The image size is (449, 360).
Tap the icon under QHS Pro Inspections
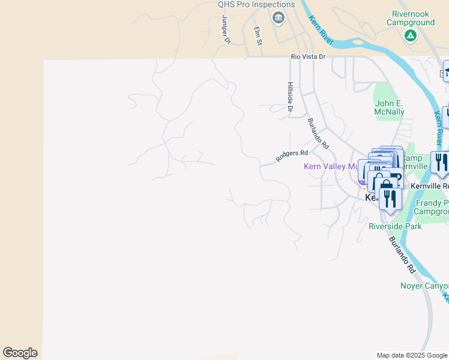pyautogui.click(x=278, y=18)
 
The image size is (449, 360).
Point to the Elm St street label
pyautogui.click(x=258, y=36)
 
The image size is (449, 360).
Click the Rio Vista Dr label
pyautogui.click(x=308, y=56)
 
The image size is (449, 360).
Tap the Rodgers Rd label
pyautogui.click(x=292, y=156)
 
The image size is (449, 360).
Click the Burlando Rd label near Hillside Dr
pyautogui.click(x=319, y=134)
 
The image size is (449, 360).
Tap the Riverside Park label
pyautogui.click(x=395, y=227)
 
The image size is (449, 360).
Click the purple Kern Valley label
pyautogui.click(x=334, y=166)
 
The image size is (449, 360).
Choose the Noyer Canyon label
pyautogui.click(x=424, y=286)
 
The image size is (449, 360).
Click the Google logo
pyautogui.click(x=20, y=353)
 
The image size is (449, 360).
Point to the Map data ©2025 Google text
pyautogui.click(x=411, y=355)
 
